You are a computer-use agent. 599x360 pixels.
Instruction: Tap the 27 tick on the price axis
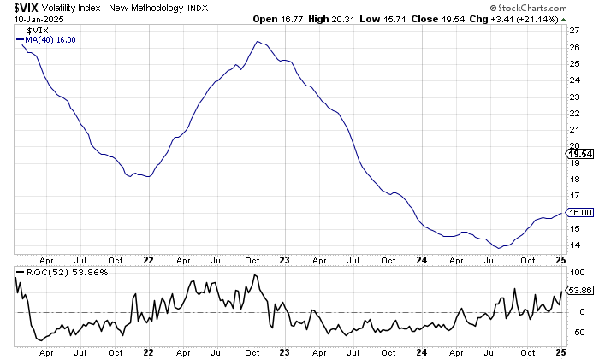574,31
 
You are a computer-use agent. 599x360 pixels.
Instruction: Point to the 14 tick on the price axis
574,245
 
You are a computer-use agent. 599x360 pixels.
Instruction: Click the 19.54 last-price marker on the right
581,154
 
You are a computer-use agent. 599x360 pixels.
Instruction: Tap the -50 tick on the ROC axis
577,330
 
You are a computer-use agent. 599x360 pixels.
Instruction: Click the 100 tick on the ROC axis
576,272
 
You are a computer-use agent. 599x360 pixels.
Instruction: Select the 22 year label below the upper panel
148,258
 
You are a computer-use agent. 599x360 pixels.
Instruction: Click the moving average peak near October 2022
258,41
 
